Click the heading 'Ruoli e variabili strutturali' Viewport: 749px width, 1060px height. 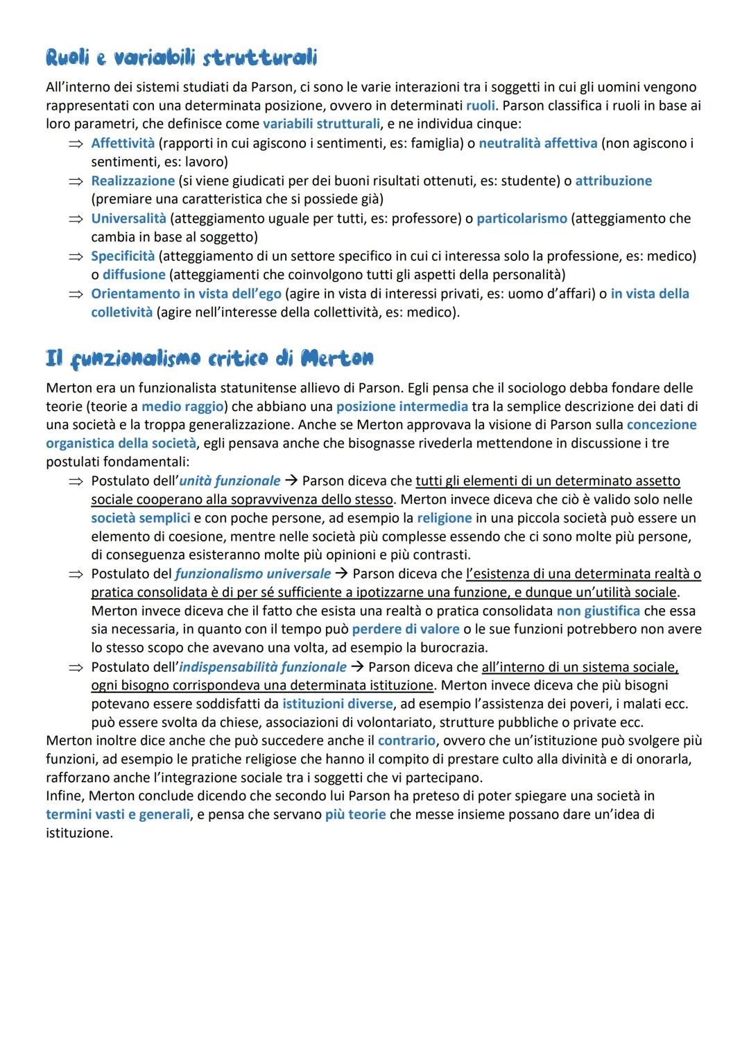(x=181, y=58)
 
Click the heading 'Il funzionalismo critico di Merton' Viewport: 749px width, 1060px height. (x=209, y=358)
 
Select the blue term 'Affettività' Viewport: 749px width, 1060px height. (x=123, y=143)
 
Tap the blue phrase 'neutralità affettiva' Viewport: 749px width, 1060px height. (x=537, y=143)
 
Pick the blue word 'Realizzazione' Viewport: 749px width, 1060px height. (x=132, y=180)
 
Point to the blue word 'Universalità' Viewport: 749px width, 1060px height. (x=128, y=218)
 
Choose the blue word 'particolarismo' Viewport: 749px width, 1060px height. (x=522, y=218)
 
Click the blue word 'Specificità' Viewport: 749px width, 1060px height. (x=123, y=255)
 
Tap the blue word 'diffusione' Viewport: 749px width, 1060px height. (x=134, y=274)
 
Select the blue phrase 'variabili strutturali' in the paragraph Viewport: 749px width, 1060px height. (x=321, y=124)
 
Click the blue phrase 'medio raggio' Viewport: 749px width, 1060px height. (x=182, y=406)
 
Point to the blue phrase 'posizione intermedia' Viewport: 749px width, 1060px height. (x=402, y=406)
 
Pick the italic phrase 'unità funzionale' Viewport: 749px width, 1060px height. (x=230, y=480)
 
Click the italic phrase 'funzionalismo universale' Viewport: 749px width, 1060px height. (x=252, y=573)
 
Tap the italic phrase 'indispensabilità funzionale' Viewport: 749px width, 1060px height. (x=262, y=666)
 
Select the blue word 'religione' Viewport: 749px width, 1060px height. (x=444, y=518)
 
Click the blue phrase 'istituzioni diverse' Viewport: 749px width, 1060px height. (x=337, y=703)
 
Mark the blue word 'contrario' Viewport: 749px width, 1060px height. (x=406, y=740)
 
